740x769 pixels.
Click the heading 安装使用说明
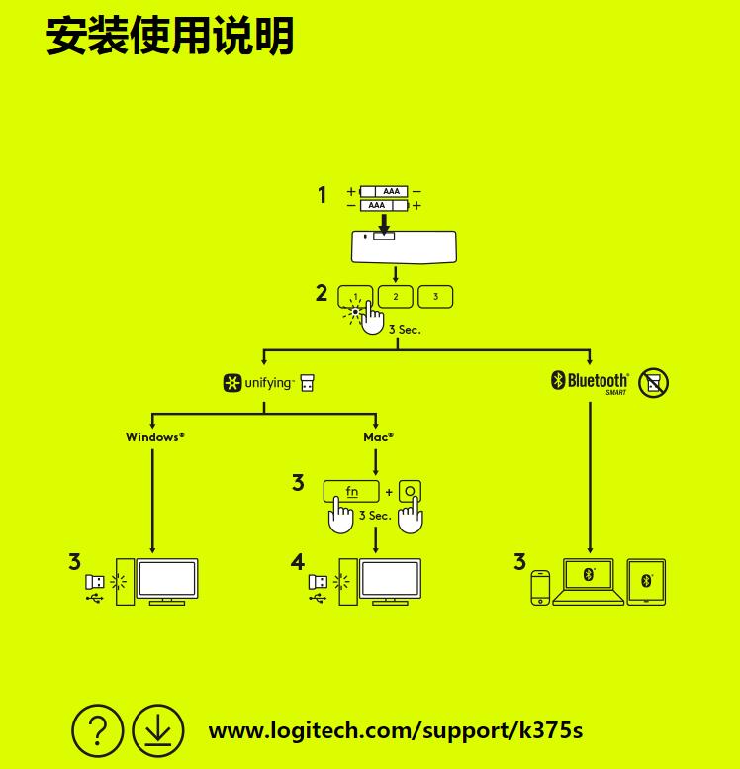[170, 37]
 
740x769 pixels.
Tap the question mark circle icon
[98, 731]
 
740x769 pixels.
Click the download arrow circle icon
[158, 731]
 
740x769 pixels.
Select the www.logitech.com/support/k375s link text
[395, 731]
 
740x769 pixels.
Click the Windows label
[154, 436]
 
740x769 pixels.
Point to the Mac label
[378, 436]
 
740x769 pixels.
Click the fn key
[352, 491]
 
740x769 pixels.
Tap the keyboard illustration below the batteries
[404, 247]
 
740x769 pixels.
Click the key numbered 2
[396, 296]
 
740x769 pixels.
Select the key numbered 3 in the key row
[435, 296]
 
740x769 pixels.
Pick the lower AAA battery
[384, 206]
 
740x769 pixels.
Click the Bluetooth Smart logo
[591, 382]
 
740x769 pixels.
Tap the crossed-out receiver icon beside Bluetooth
[653, 383]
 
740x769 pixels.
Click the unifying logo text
[268, 383]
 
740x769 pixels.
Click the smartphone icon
[540, 587]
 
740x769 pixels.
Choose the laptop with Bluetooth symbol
[589, 582]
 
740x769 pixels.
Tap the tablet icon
[646, 582]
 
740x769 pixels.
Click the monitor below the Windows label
[166, 581]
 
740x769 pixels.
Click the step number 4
[298, 562]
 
